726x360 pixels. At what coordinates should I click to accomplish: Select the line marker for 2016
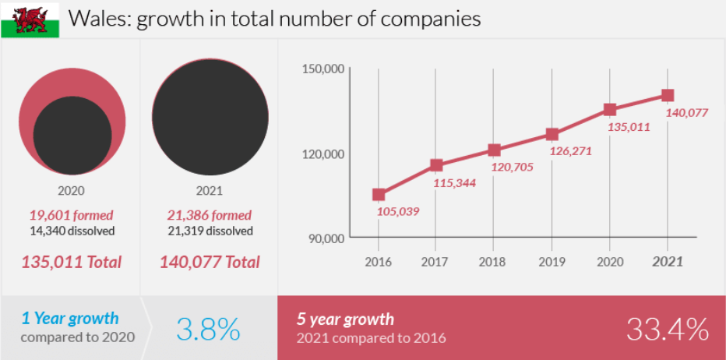click(379, 195)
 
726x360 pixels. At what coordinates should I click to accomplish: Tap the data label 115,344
click(453, 183)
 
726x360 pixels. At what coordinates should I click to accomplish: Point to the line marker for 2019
click(552, 134)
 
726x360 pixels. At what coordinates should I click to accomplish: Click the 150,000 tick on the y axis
click(322, 69)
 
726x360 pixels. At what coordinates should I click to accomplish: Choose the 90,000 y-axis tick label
click(326, 238)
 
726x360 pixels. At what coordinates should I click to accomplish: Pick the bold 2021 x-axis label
click(668, 262)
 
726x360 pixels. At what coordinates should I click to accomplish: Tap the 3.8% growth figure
click(208, 330)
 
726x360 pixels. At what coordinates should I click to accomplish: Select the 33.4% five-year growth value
click(667, 329)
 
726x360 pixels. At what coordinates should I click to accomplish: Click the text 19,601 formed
click(71, 215)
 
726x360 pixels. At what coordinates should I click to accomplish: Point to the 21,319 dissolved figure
click(210, 231)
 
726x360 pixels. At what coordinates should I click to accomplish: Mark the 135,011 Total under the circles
click(71, 262)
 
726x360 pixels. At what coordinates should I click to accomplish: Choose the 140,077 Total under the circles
click(210, 262)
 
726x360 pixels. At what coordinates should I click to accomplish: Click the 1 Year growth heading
click(70, 318)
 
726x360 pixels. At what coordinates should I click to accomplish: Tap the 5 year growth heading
click(345, 319)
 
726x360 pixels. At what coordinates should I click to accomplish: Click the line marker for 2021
click(668, 95)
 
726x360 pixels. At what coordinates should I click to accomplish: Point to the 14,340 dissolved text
click(72, 231)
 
